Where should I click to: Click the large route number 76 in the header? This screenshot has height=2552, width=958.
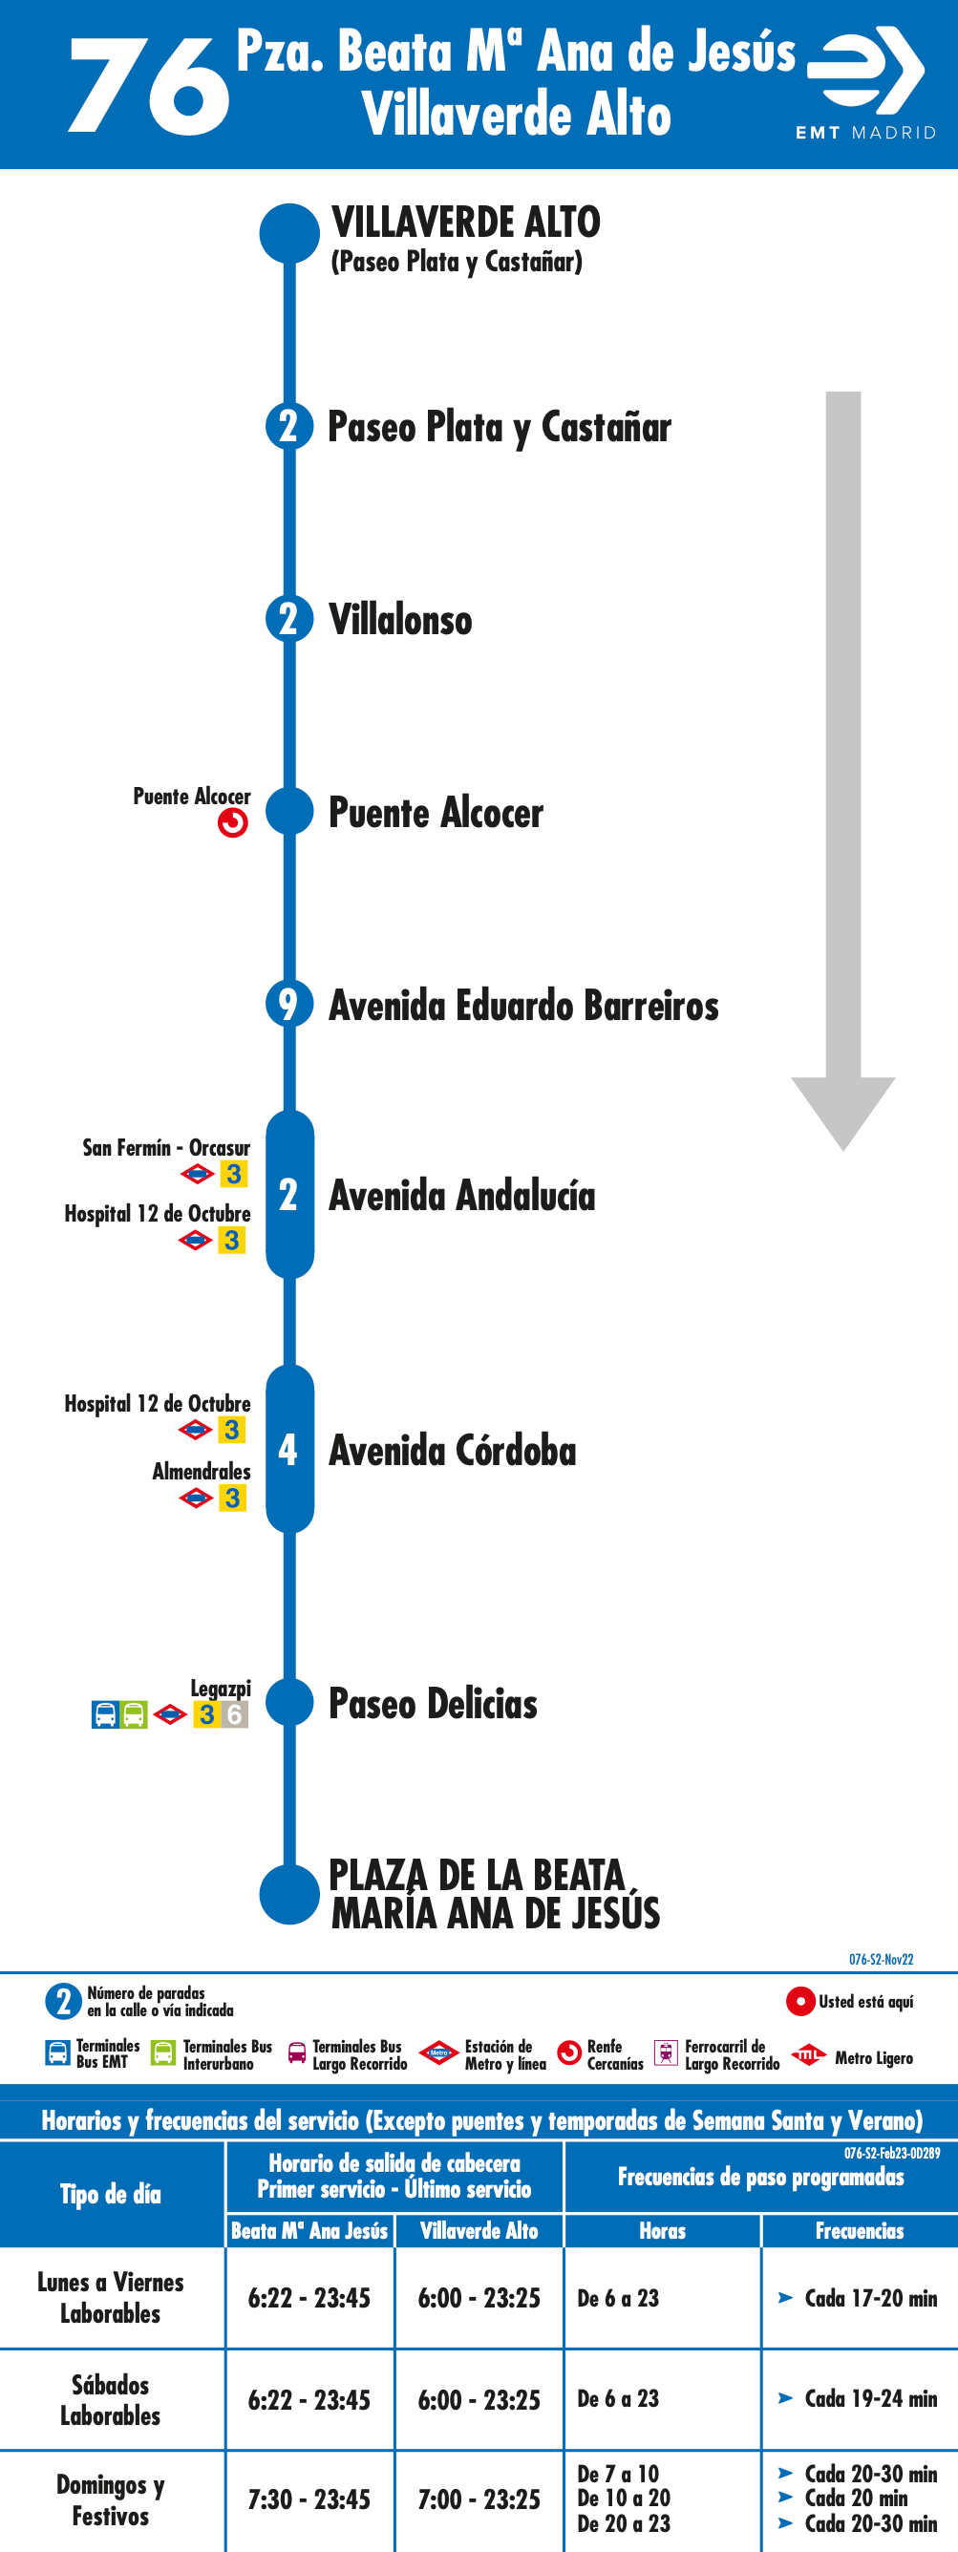tap(149, 85)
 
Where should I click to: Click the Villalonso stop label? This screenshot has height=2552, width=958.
tap(400, 620)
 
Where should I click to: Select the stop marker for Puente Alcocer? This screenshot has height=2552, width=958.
tap(290, 813)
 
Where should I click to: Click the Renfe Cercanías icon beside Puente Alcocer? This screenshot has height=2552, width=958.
tap(233, 823)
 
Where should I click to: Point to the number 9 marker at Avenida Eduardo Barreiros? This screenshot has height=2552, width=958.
tap(289, 1005)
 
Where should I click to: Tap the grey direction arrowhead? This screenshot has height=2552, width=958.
tap(843, 1113)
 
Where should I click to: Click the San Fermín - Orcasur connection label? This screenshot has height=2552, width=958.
tap(166, 1148)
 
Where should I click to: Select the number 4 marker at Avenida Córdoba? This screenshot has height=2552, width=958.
tap(289, 1450)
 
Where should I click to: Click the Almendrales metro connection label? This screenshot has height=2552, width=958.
tap(202, 1471)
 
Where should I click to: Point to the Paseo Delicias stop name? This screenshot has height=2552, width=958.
tap(433, 1704)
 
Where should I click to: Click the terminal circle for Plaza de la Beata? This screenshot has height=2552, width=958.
tap(289, 1894)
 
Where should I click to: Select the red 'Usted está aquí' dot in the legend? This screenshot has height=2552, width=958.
tap(800, 2001)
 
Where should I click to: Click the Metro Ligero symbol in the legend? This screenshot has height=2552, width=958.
tap(808, 2054)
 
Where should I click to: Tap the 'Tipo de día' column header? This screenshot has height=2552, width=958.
tap(111, 2195)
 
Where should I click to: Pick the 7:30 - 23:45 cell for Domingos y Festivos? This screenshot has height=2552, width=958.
tap(309, 2499)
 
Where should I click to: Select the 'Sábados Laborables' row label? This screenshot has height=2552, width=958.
tap(111, 2399)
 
